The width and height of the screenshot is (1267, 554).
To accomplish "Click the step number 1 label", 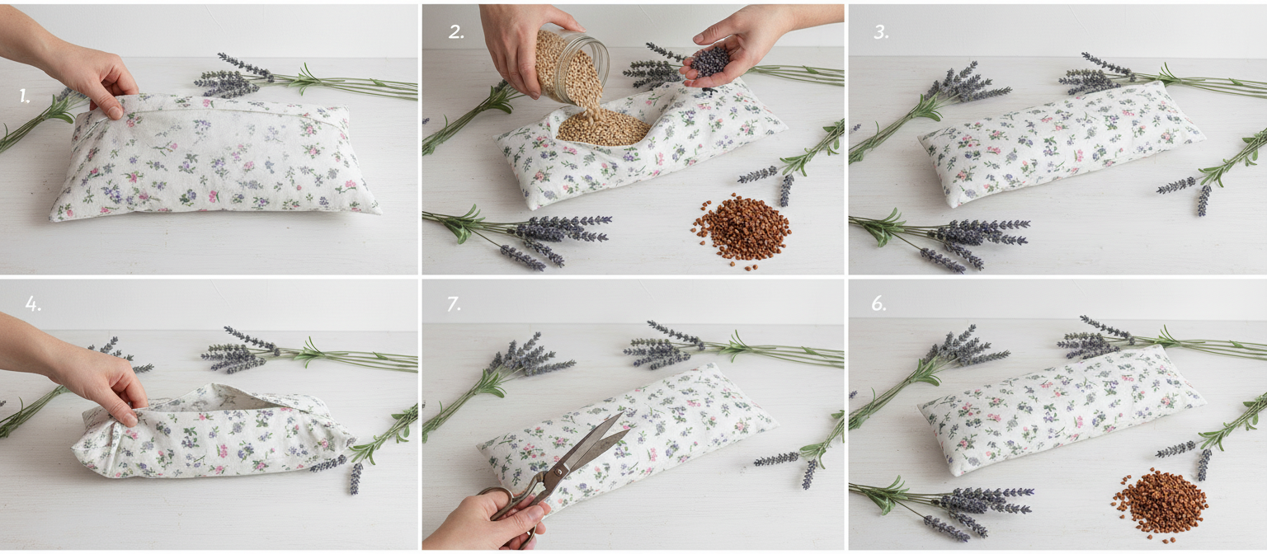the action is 24,96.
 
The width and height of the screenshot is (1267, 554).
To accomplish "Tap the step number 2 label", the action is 456,32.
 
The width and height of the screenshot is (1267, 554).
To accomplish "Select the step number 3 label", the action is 881,32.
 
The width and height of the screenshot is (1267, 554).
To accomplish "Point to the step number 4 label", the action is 33,304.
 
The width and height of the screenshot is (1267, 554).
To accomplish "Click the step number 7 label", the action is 454,305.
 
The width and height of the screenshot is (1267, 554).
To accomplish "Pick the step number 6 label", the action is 878,304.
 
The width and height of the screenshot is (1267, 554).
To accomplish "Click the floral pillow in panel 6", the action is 1060,409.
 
